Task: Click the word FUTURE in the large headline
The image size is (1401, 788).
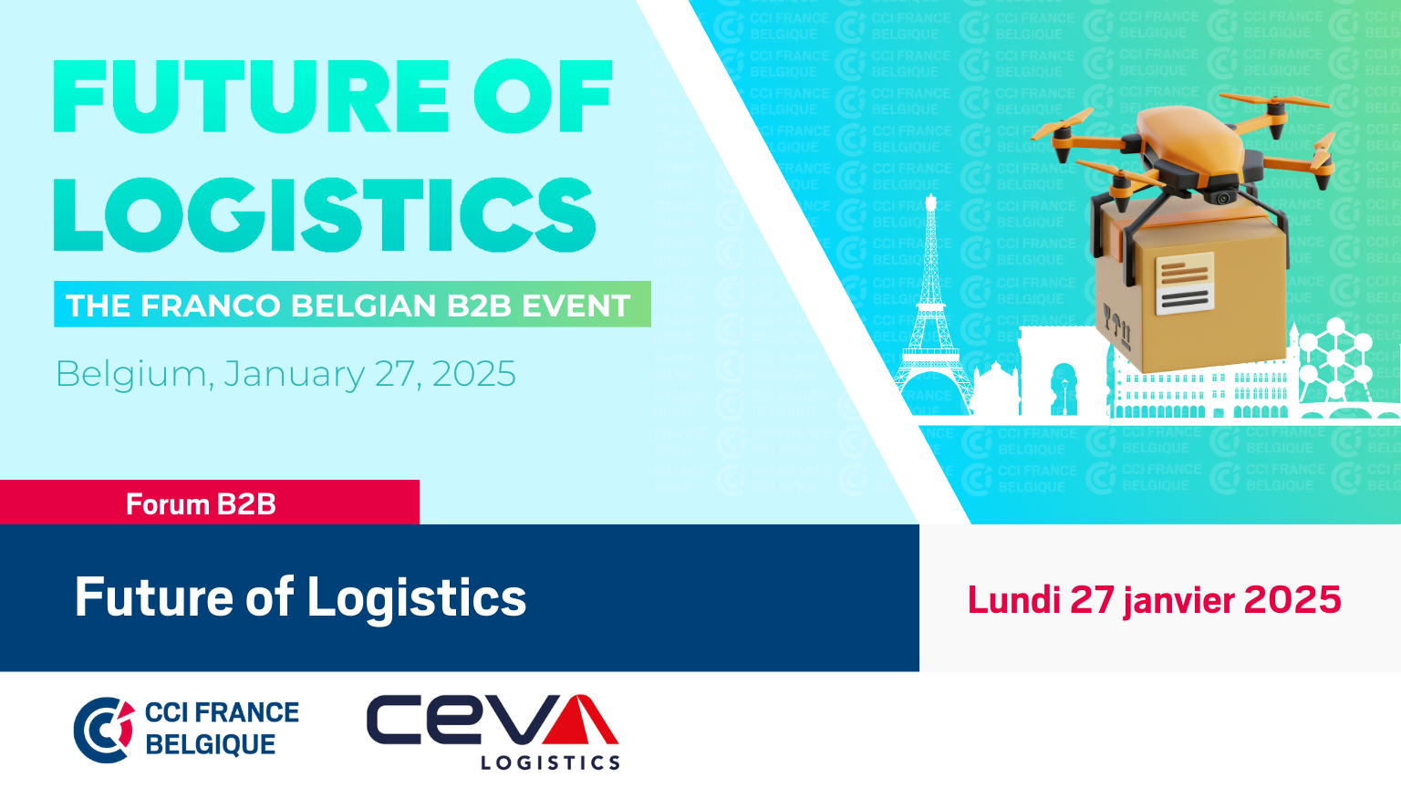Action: (251, 97)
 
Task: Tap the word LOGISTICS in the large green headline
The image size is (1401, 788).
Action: (324, 214)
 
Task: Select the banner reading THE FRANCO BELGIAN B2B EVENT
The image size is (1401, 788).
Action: (352, 305)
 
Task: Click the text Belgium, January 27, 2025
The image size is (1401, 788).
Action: (285, 374)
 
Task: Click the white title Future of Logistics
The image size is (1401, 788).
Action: (300, 598)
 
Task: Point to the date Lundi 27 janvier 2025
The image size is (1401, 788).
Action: (1154, 600)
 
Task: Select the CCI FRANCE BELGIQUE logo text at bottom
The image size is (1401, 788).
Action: (222, 729)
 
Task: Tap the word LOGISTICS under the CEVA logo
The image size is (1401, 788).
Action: (550, 762)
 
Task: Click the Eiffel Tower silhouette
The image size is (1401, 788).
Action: (931, 313)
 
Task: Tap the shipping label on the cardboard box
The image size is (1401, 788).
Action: (1185, 284)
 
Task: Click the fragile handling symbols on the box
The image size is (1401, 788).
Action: (1117, 326)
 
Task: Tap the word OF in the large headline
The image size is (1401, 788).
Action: (543, 97)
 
